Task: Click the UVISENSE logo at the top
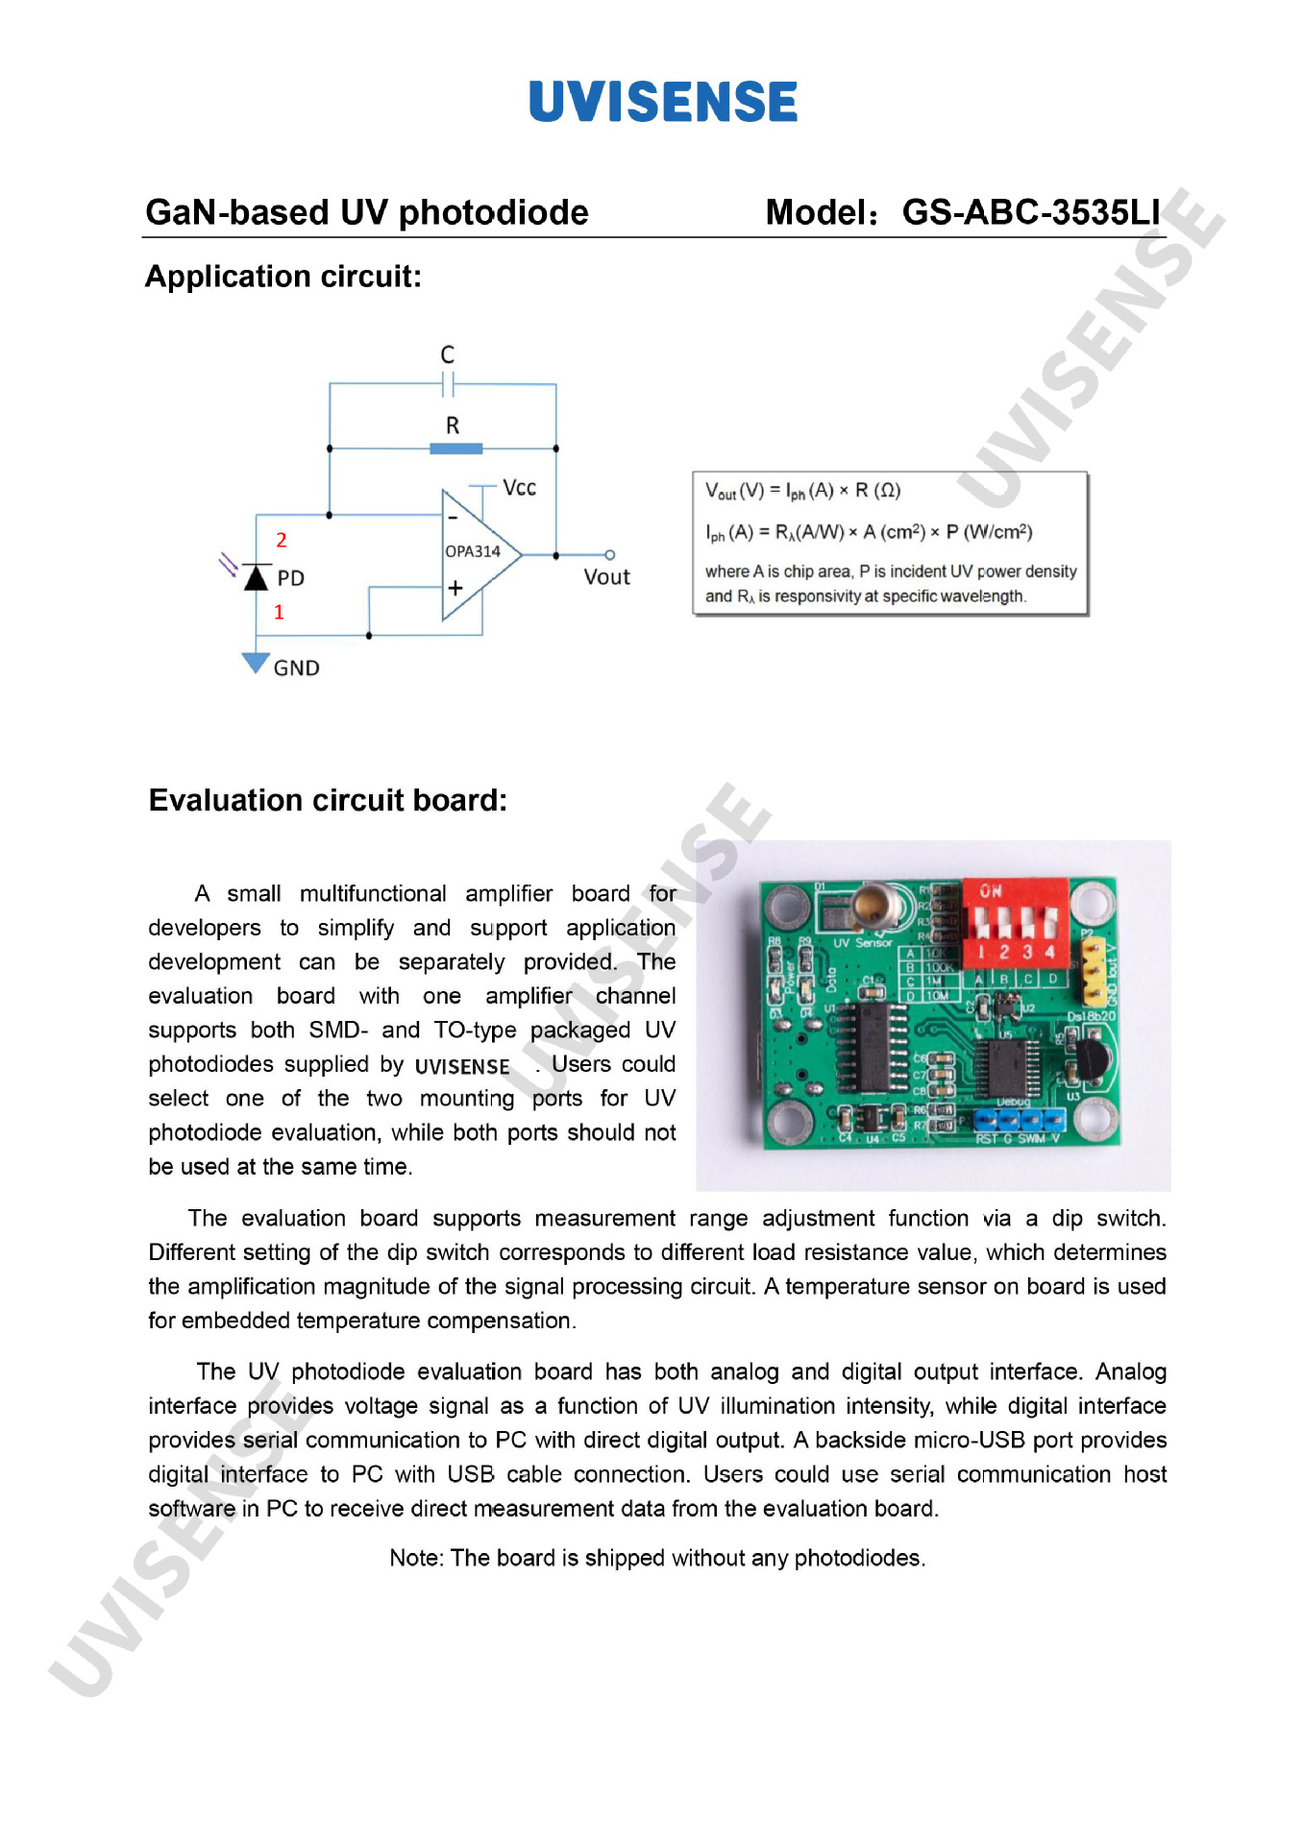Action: [x=663, y=102]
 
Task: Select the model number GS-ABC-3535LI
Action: [x=1030, y=212]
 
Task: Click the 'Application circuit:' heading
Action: [x=283, y=277]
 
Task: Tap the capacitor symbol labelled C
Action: [x=448, y=384]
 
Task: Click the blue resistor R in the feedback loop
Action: [x=455, y=449]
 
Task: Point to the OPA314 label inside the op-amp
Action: [x=473, y=551]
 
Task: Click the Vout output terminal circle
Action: [x=609, y=555]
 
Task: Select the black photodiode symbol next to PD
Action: [x=256, y=577]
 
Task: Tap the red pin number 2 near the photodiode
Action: [x=282, y=540]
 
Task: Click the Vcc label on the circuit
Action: [x=519, y=488]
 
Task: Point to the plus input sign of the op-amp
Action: [x=455, y=588]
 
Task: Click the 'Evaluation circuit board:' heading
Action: [x=328, y=800]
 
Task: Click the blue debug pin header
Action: [x=1020, y=1120]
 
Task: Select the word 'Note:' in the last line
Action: [x=416, y=1558]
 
